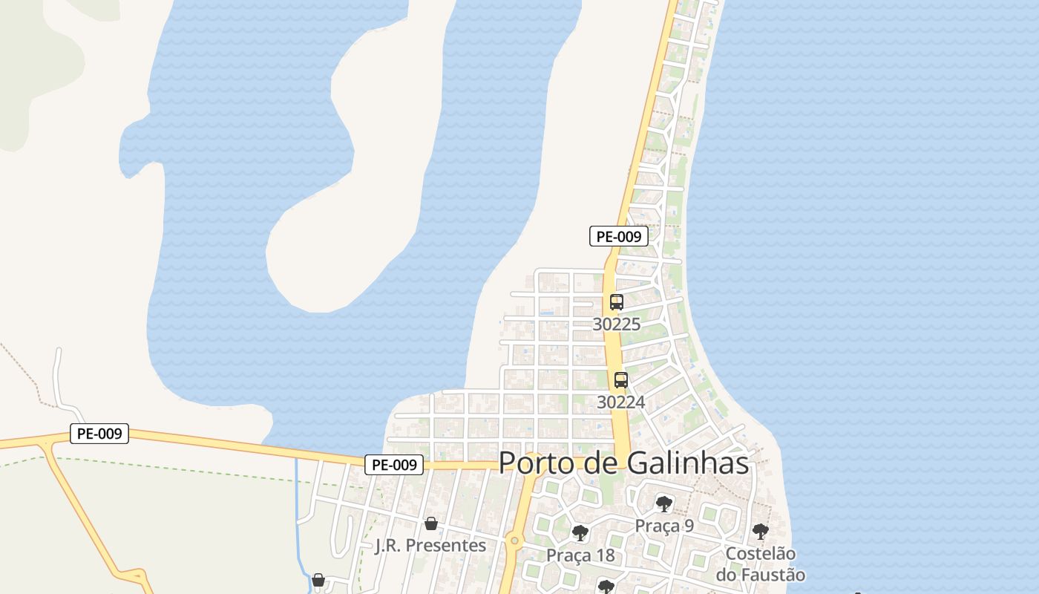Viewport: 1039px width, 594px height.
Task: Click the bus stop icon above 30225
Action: [x=617, y=302]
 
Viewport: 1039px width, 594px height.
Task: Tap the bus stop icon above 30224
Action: [x=621, y=380]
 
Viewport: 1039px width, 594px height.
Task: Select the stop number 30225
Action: [x=617, y=324]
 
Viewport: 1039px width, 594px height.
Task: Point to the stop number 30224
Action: [x=621, y=402]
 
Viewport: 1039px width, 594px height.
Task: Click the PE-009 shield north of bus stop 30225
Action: [x=619, y=237]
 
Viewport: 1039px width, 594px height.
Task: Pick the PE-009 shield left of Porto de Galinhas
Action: [x=394, y=465]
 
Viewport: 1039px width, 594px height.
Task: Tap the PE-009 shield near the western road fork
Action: [x=99, y=434]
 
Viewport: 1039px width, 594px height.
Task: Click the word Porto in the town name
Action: [x=535, y=463]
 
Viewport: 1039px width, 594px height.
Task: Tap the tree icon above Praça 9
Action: [x=664, y=505]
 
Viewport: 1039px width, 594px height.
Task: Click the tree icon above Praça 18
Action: [x=580, y=533]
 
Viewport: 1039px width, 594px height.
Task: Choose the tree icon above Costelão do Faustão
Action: [x=760, y=532]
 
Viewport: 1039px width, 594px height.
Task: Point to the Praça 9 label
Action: [x=664, y=526]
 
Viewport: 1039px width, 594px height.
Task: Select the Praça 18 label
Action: [x=580, y=555]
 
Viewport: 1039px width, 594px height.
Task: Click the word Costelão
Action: [x=760, y=553]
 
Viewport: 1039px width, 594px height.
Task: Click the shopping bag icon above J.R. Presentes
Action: [x=431, y=524]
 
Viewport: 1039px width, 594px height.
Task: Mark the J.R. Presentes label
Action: [x=431, y=546]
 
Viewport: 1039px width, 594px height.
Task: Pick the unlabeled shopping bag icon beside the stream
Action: [x=318, y=580]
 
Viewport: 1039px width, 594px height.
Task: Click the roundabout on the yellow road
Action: [x=514, y=541]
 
